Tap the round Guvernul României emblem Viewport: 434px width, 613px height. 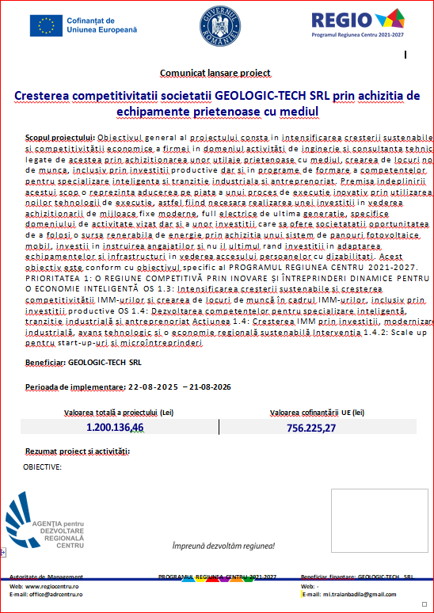[x=216, y=26]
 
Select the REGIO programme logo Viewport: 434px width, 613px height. [x=358, y=26]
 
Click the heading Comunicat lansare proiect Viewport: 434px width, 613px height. [x=215, y=73]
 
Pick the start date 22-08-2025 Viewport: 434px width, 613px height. [x=155, y=387]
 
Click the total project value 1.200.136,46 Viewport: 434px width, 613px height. [x=115, y=428]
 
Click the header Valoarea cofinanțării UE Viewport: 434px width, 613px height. [x=317, y=413]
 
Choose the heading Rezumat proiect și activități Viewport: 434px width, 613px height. [x=78, y=451]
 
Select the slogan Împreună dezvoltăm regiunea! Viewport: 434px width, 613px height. [x=224, y=546]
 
